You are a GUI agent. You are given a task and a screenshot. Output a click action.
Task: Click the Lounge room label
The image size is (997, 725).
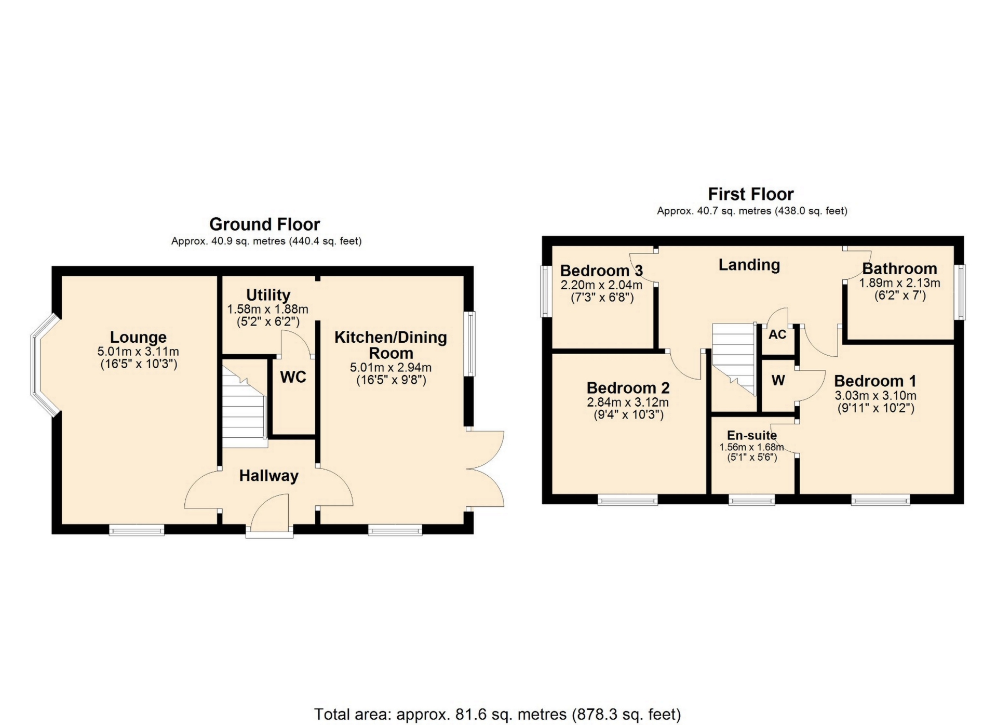point(138,337)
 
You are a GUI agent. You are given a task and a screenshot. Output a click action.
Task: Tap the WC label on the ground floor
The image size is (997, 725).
point(293,377)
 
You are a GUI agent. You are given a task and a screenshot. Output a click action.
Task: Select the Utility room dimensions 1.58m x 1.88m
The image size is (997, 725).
point(267,309)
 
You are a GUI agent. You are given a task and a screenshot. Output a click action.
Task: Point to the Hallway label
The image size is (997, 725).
point(268,476)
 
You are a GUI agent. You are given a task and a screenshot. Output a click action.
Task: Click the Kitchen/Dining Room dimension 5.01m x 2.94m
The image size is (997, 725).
point(390,367)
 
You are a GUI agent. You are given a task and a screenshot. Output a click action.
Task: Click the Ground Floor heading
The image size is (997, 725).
point(264,224)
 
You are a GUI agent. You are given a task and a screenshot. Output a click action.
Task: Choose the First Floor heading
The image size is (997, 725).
point(751,194)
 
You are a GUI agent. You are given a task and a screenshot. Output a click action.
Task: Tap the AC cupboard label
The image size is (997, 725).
point(777,334)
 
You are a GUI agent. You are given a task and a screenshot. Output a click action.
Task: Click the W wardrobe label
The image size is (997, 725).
point(778,381)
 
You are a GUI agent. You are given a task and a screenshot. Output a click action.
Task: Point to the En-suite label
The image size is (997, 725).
point(751,435)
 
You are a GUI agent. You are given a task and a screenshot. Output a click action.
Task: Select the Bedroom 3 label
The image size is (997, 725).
point(601,271)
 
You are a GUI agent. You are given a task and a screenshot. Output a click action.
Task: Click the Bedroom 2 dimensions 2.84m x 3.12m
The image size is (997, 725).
point(628,402)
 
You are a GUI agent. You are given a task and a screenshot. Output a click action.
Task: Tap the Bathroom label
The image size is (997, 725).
point(899,268)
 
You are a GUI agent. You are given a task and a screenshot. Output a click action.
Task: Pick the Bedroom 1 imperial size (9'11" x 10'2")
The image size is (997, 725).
point(876,408)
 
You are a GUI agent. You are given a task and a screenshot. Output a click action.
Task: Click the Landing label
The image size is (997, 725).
point(749,265)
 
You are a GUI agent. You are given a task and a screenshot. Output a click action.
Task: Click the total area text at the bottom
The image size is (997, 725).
point(497,715)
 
